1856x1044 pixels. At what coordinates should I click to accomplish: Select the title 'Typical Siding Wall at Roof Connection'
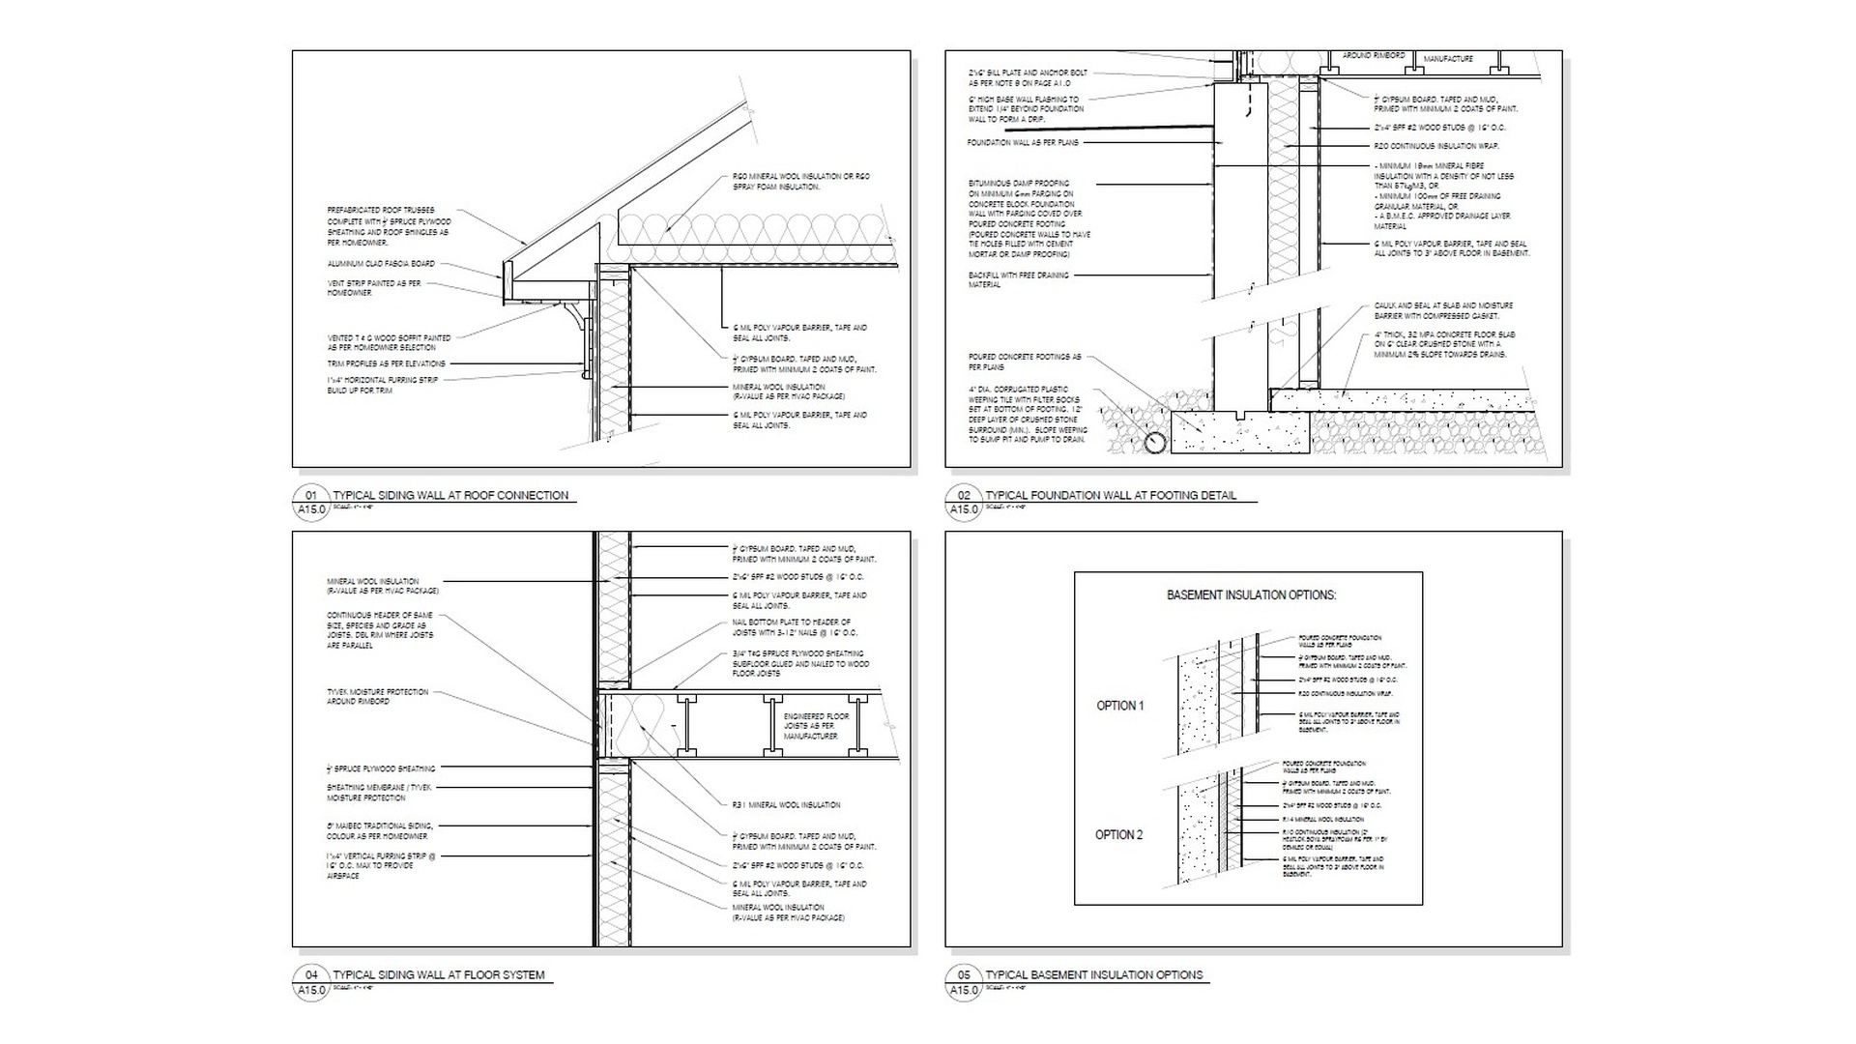tap(450, 495)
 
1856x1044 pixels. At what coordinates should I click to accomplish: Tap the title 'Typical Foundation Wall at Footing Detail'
tap(1111, 495)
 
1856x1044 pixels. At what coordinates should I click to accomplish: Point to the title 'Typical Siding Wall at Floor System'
tap(439, 975)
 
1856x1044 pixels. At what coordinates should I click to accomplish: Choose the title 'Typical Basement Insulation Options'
tap(1094, 975)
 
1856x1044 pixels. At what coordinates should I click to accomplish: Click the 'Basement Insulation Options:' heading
tap(1251, 595)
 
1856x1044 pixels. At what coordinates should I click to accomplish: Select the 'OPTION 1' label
tap(1119, 706)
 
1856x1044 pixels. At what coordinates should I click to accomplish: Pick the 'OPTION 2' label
tap(1119, 835)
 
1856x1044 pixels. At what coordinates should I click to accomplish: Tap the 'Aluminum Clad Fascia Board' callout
tap(381, 264)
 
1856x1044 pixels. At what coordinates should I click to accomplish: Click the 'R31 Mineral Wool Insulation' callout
tap(786, 804)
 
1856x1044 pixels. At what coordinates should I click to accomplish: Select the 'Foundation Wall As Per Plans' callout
tap(1023, 143)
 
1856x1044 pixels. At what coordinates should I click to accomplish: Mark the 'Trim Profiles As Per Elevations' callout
tap(387, 363)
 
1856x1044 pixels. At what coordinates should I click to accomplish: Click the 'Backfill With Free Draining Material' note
tap(1019, 279)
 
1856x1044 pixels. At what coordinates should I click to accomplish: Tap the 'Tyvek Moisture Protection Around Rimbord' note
tap(377, 696)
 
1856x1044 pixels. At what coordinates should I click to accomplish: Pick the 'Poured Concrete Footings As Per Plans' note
tap(1025, 362)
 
